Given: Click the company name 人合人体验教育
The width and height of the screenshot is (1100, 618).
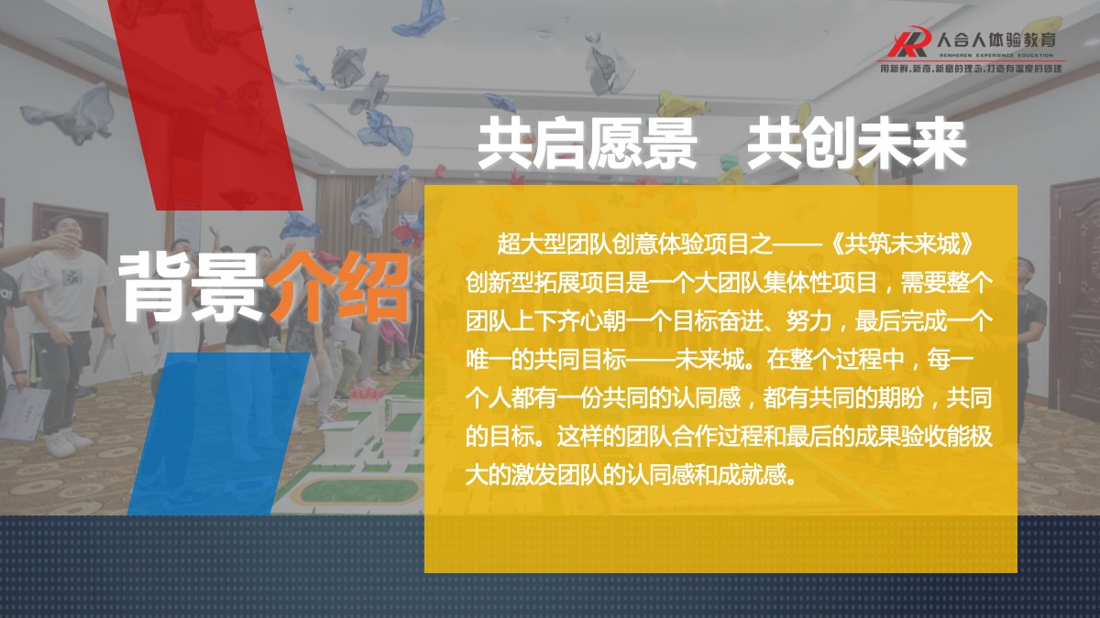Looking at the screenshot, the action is pos(995,39).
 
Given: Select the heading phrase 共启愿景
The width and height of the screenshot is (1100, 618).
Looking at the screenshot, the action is pos(587,145).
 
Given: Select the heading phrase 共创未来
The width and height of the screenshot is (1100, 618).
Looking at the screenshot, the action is pos(856,145).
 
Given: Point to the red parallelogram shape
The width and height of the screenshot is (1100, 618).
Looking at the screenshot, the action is pos(205,105).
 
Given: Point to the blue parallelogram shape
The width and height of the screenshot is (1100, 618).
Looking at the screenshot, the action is pos(219,434).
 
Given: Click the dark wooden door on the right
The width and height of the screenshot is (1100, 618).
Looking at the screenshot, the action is pos(1075,294).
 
